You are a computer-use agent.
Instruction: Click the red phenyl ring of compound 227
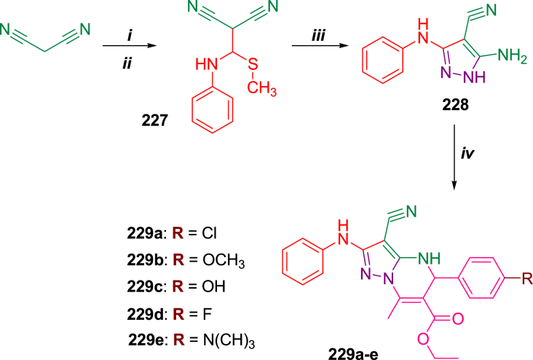[214, 114]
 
